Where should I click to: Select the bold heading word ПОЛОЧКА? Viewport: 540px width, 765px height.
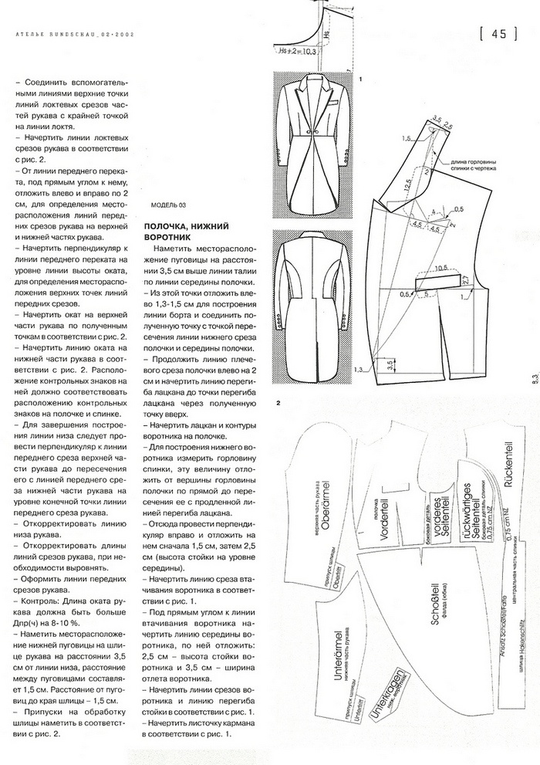(170, 225)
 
